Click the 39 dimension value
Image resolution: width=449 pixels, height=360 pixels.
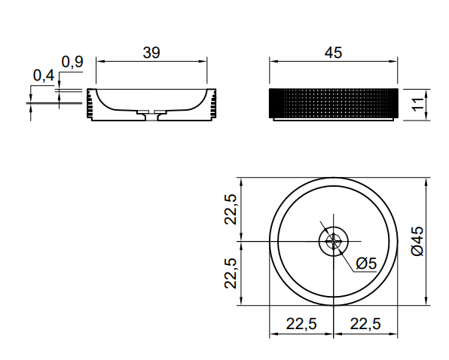(151, 53)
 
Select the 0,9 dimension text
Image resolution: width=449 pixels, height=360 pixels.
(72, 62)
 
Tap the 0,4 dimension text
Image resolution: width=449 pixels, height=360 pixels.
(44, 76)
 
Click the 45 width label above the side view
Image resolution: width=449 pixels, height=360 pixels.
(333, 53)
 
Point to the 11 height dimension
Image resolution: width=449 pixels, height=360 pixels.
(418, 105)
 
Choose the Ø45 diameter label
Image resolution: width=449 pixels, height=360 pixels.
(417, 241)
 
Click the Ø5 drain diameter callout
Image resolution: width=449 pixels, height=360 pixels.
(366, 264)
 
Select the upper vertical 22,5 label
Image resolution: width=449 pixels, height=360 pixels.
(231, 209)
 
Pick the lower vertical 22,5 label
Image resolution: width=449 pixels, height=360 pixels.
(231, 273)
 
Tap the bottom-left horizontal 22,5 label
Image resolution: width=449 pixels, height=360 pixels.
(301, 324)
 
